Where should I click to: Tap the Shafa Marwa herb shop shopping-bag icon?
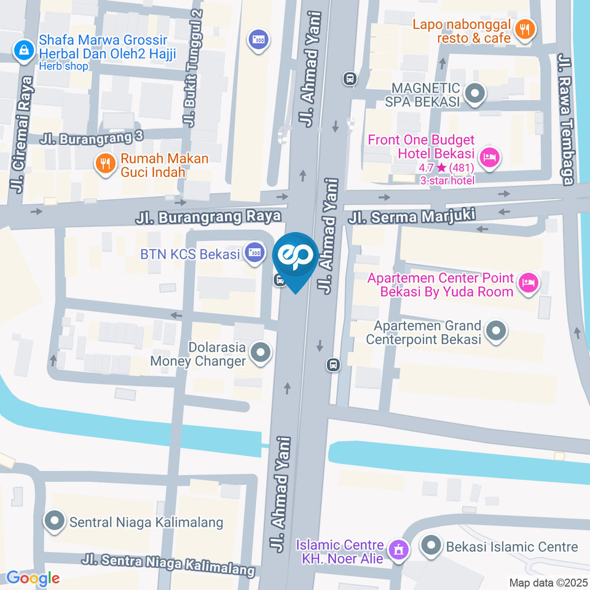point(23,50)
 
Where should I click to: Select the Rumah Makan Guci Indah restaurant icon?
point(106,164)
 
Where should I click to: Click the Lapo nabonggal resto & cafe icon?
point(524,29)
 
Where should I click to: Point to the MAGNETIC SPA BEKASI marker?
point(474,94)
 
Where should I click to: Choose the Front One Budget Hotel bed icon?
point(490,158)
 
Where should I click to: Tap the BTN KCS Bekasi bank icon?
point(253,252)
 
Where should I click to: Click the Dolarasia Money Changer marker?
point(261,353)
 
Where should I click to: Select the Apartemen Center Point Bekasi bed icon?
point(527,283)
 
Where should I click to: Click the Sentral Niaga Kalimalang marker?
point(55,522)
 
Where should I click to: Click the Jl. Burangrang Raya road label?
point(208,216)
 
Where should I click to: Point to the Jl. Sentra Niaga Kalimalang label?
point(168,564)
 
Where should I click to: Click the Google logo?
point(33,578)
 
